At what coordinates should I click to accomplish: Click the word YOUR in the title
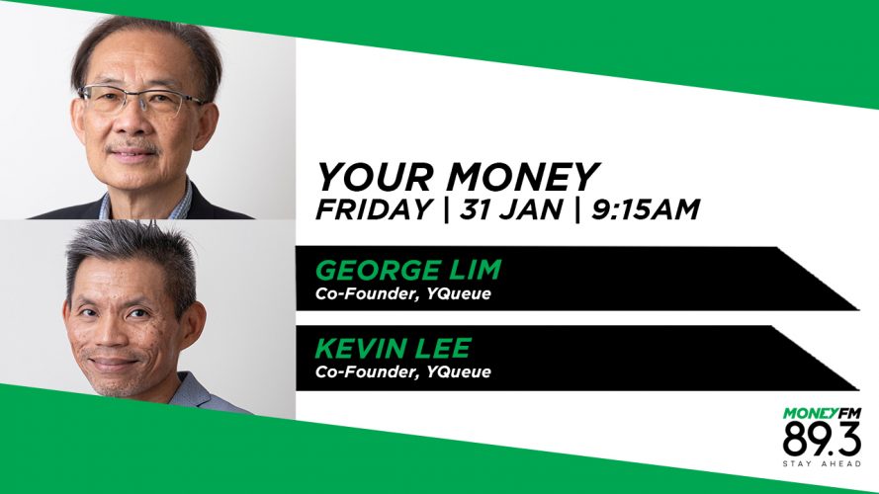(375, 177)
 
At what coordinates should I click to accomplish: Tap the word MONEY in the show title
(522, 177)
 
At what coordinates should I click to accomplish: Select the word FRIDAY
(374, 209)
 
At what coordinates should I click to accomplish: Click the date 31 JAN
(511, 209)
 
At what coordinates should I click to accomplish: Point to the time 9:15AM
(646, 209)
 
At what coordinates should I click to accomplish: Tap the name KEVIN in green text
(359, 348)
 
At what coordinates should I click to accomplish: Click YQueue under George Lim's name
(458, 294)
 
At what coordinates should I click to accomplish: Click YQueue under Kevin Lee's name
(458, 371)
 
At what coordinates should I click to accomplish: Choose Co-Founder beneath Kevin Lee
(367, 371)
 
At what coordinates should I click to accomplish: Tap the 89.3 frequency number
(822, 440)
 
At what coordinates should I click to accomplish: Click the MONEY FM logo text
(822, 413)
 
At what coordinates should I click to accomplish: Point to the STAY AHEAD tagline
(822, 463)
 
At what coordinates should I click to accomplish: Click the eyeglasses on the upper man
(141, 100)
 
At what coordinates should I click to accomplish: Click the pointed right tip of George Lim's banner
(858, 309)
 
